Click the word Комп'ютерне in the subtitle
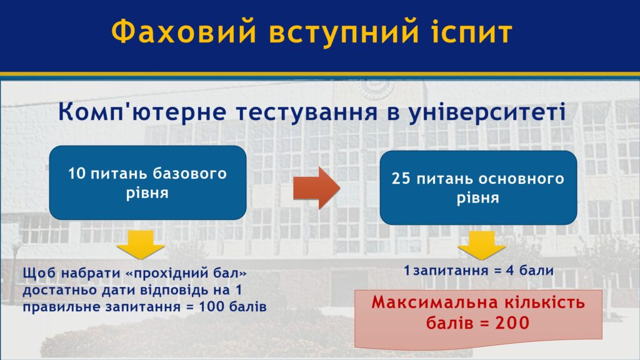[x=142, y=111]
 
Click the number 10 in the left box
[x=77, y=174]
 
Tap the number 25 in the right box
[x=401, y=178]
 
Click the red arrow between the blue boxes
[x=316, y=187]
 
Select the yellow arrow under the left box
[x=141, y=244]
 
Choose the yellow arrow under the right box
[x=482, y=245]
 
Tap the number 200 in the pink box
[x=512, y=323]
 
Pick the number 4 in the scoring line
[x=510, y=270]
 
